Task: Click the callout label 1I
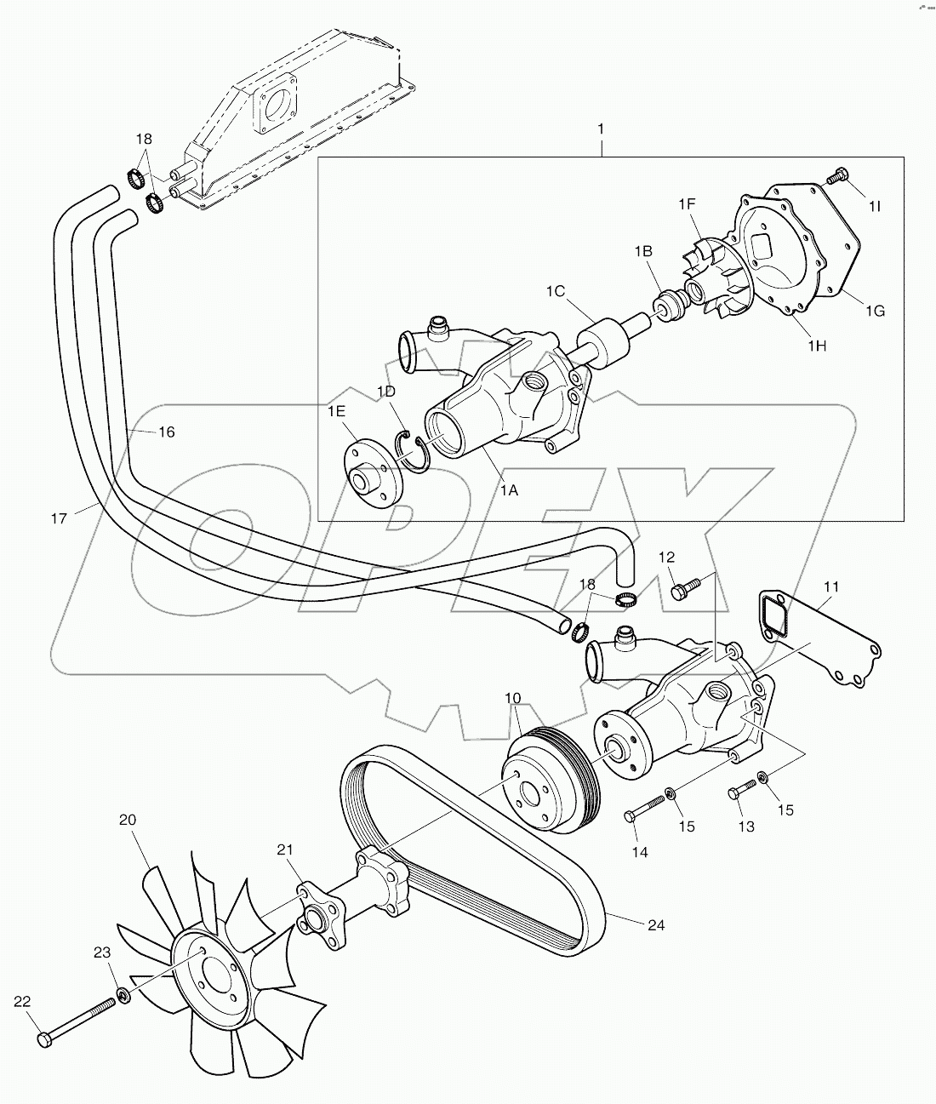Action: tap(874, 206)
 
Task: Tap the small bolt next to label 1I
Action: tap(836, 176)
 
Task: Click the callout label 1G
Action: tap(874, 311)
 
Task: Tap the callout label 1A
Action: tap(509, 490)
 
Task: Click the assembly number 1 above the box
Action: tap(601, 129)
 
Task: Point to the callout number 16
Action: tap(166, 432)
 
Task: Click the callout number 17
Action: tap(58, 518)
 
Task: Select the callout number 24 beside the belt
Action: tap(655, 925)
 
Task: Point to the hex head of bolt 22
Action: tap(45, 1039)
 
